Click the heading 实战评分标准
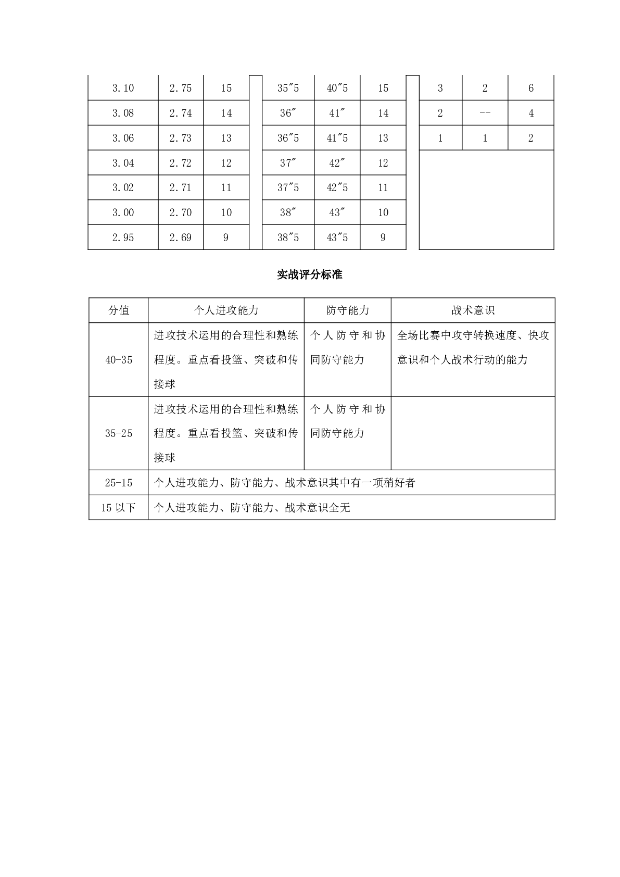coord(310,275)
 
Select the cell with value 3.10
coord(123,88)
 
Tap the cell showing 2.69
coord(180,237)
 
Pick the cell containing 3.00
coord(123,212)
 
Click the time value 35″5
coord(288,88)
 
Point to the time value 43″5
coord(337,237)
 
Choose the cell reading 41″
coord(337,113)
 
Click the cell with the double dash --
coord(485,113)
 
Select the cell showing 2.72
coord(180,163)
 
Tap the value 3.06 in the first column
coord(123,138)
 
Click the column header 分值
coord(119,310)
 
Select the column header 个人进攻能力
coord(226,310)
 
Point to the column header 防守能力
coord(347,310)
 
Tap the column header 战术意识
coord(473,310)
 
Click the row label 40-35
coord(119,360)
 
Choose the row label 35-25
coord(119,433)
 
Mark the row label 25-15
coord(119,483)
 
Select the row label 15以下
coord(119,508)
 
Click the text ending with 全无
coord(252,508)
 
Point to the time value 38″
coord(288,212)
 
